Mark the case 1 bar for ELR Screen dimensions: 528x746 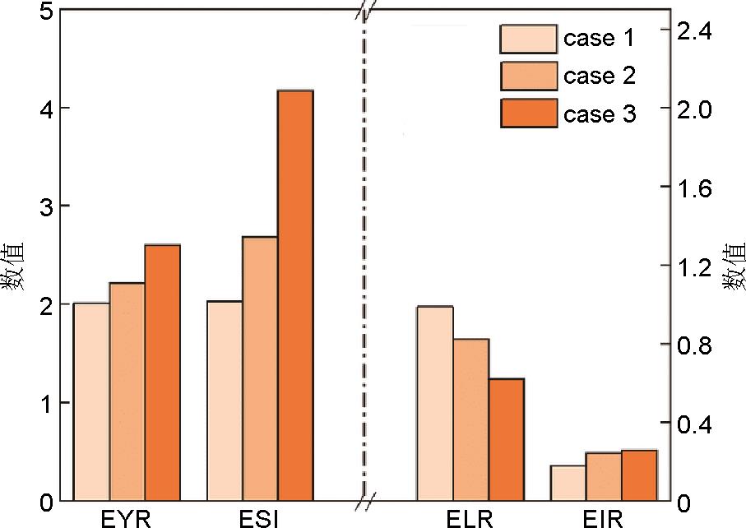click(x=435, y=403)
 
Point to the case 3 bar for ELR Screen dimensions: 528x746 click(x=506, y=439)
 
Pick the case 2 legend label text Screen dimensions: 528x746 click(x=599, y=76)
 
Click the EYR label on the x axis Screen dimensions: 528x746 click(x=126, y=518)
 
